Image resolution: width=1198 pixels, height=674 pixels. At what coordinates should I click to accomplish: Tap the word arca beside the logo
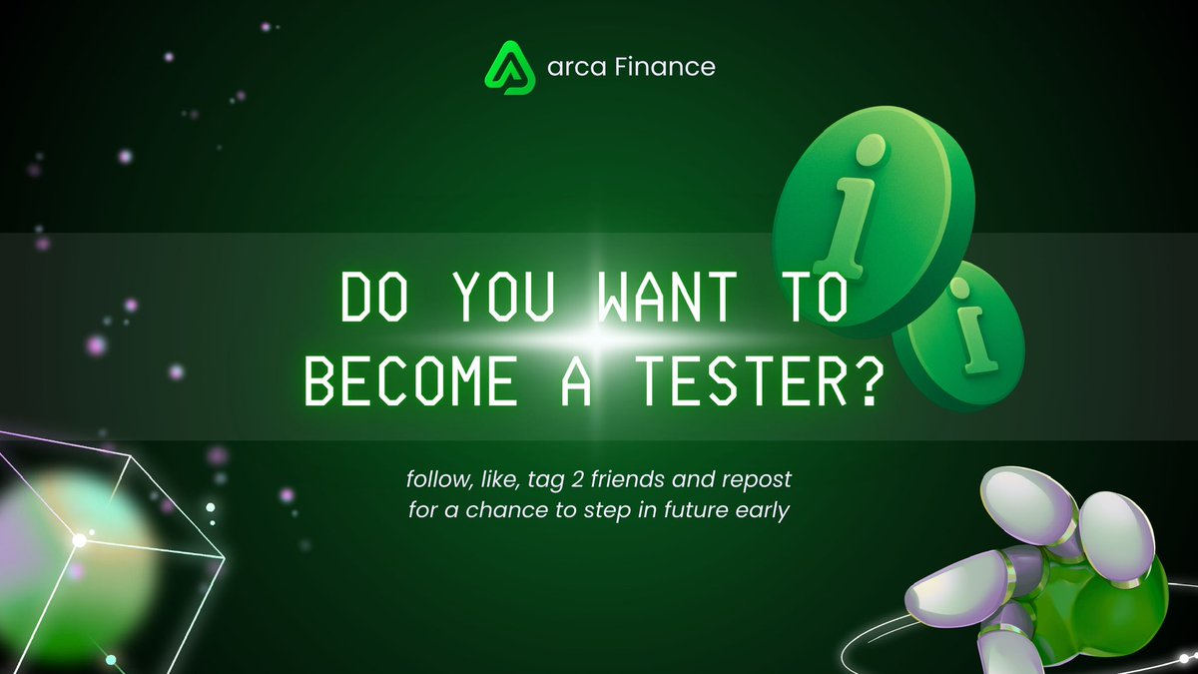coord(572,68)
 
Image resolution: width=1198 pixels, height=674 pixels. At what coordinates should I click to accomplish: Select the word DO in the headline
coord(368,297)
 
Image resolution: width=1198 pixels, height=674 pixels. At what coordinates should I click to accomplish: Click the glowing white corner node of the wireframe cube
coord(79,540)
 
